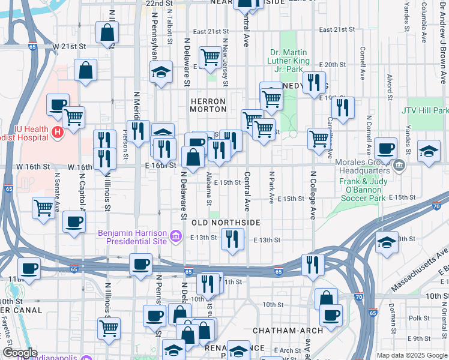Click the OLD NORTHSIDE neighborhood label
click(x=226, y=223)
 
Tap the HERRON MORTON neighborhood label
click(x=208, y=105)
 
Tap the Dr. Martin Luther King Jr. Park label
click(x=290, y=61)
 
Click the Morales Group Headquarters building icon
click(x=399, y=164)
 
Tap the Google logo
click(x=19, y=353)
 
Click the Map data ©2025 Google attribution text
click(x=411, y=355)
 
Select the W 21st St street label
click(x=70, y=46)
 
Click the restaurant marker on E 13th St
click(x=232, y=239)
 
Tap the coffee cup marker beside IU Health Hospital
click(x=58, y=104)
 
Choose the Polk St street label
click(x=415, y=317)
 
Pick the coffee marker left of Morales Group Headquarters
click(x=385, y=148)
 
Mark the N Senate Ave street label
click(x=58, y=191)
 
